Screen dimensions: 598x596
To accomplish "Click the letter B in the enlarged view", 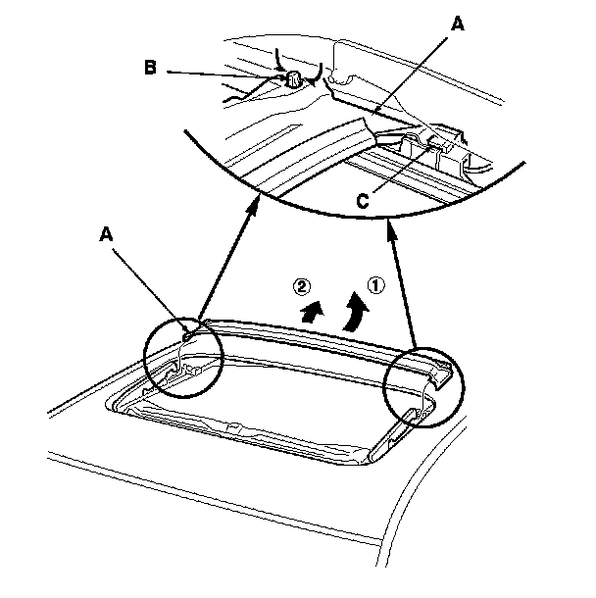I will pos(150,69).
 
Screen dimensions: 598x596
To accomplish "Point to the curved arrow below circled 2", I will pos(312,313).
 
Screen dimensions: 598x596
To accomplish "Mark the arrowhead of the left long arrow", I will pos(254,204).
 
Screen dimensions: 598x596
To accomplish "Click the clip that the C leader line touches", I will pos(431,147).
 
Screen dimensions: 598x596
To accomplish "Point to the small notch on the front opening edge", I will pos(232,427).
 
